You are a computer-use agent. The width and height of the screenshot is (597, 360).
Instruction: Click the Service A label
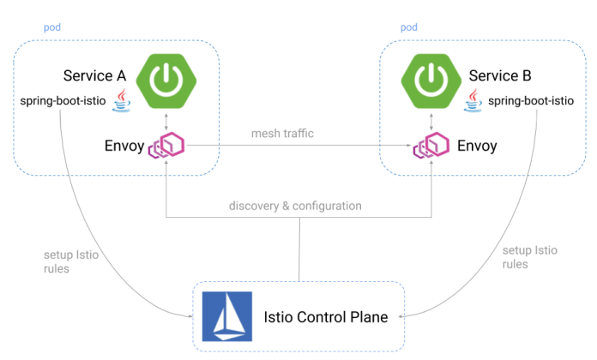pyautogui.click(x=95, y=75)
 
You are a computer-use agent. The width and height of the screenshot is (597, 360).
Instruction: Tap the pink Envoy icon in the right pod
pyautogui.click(x=428, y=146)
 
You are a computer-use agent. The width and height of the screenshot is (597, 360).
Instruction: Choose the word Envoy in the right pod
pyautogui.click(x=477, y=146)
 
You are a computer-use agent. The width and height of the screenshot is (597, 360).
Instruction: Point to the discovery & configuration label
pyautogui.click(x=295, y=206)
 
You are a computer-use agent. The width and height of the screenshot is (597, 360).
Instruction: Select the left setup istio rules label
pyautogui.click(x=64, y=260)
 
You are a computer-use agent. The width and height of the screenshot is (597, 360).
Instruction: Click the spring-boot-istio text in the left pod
pyautogui.click(x=63, y=101)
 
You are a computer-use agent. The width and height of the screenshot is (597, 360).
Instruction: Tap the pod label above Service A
pyautogui.click(x=52, y=28)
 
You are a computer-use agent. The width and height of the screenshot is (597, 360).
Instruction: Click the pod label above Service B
pyautogui.click(x=410, y=28)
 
